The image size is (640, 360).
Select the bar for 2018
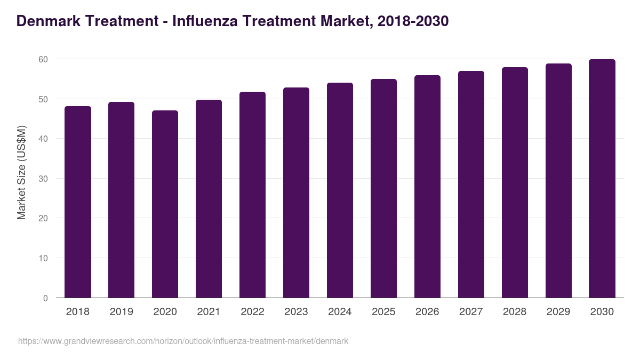click(x=78, y=202)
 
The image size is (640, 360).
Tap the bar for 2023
click(x=296, y=193)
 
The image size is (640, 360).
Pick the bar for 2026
click(x=427, y=187)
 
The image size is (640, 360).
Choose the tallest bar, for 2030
click(x=602, y=179)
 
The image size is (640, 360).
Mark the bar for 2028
click(x=515, y=182)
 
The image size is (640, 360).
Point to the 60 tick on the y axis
click(x=43, y=59)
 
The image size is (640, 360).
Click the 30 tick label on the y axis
click(x=43, y=179)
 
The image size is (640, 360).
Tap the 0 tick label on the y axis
click(x=45, y=298)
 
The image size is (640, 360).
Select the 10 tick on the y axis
click(x=43, y=258)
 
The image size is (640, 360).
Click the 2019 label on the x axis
click(x=122, y=312)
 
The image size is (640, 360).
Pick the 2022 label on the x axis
click(x=252, y=312)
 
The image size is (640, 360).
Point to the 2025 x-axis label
click(x=383, y=312)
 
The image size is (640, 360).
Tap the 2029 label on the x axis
click(x=558, y=312)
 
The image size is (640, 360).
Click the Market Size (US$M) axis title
click(x=21, y=172)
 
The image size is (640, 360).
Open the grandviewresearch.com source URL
click(x=183, y=341)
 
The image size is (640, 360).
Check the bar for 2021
click(x=209, y=199)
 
